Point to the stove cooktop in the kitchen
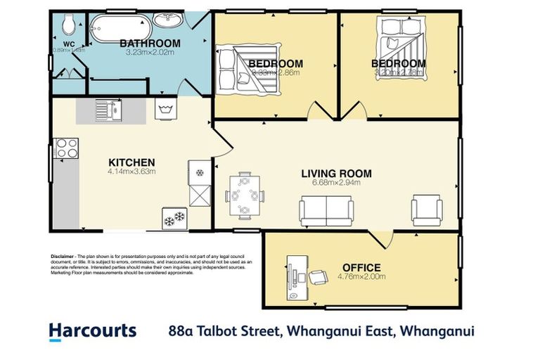(67, 148)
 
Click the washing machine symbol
(167, 110)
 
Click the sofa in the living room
(326, 209)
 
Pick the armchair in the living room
(426, 208)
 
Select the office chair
(319, 276)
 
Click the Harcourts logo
(92, 330)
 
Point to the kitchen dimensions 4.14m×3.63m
(131, 172)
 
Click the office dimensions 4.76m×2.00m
(361, 276)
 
